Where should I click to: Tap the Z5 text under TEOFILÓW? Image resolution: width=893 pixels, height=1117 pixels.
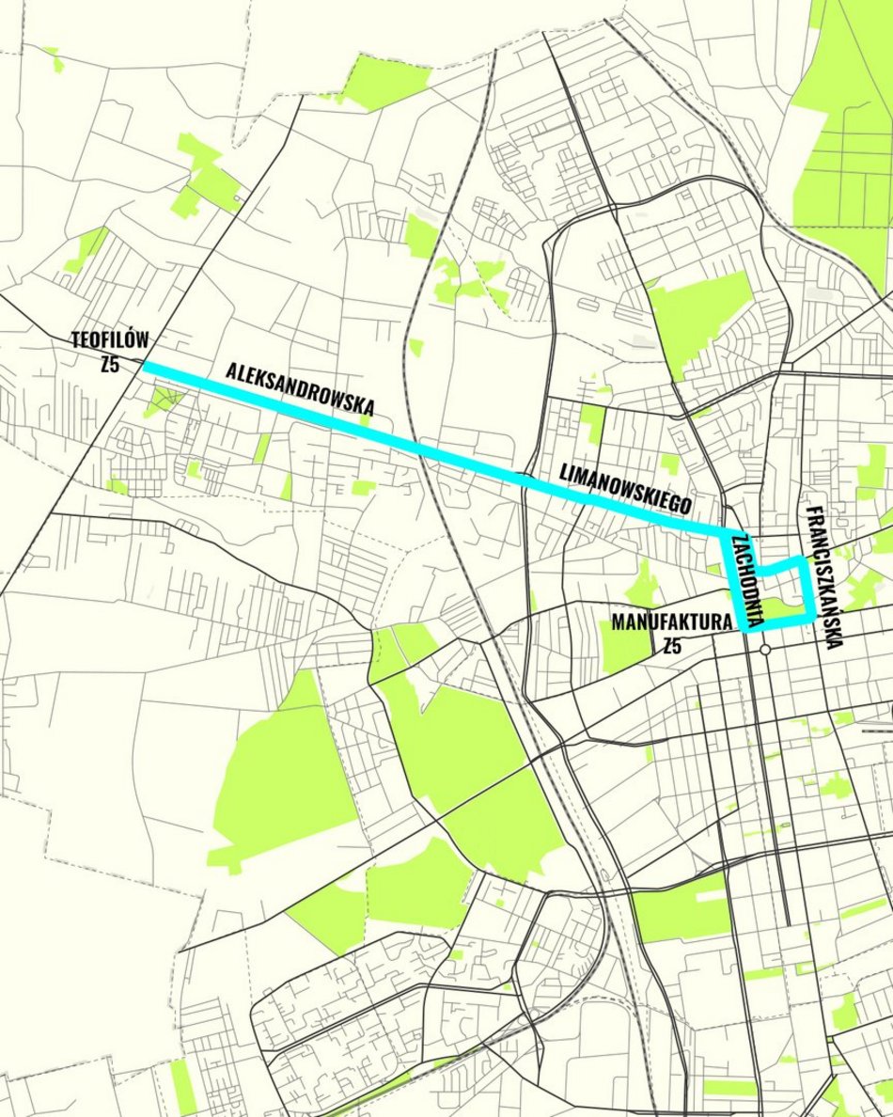click(x=110, y=363)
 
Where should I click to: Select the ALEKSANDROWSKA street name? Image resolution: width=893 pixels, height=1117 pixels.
click(x=300, y=388)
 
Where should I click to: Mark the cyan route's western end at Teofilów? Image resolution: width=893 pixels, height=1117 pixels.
click(x=146, y=366)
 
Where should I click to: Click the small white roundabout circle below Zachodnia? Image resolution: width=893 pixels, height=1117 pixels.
click(x=766, y=650)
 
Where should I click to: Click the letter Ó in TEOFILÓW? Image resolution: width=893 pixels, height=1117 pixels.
click(x=133, y=339)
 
